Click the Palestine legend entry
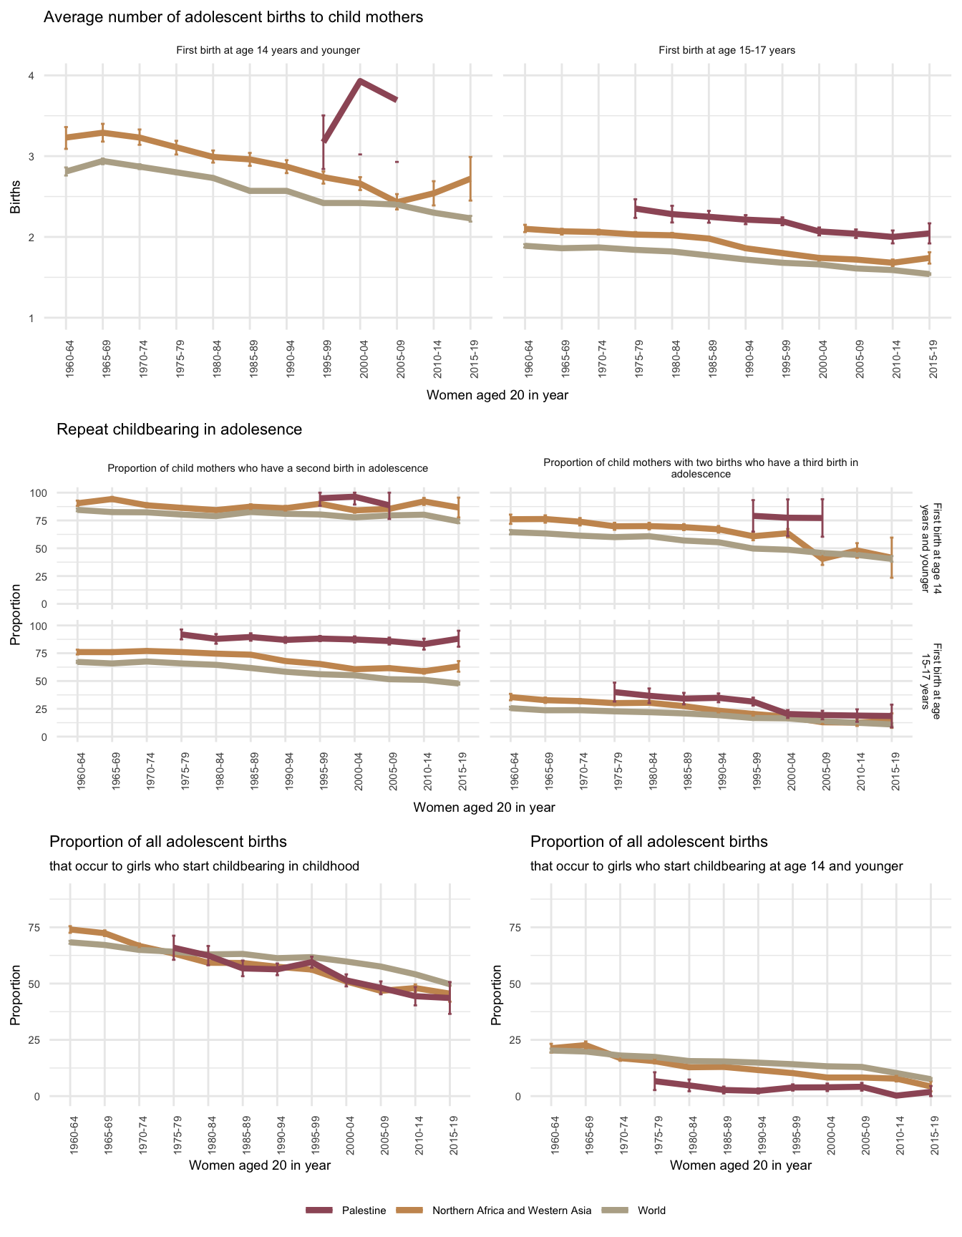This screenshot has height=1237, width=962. [364, 1211]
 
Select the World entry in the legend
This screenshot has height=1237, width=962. [651, 1211]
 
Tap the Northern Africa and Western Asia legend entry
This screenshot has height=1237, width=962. [512, 1211]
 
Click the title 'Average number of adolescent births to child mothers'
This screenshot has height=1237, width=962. [233, 17]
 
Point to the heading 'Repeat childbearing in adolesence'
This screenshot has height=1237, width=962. [179, 430]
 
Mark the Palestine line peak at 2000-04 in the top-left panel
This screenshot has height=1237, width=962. [360, 81]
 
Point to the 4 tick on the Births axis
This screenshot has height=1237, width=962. [31, 75]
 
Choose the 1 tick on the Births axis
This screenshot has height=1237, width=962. [31, 318]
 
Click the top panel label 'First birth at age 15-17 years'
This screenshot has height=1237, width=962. [727, 50]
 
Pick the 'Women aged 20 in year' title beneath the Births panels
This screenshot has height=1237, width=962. [497, 395]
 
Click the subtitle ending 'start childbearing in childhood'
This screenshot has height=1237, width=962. [204, 866]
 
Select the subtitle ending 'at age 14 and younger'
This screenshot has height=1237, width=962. [716, 866]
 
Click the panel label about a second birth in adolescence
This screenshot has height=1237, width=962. [268, 468]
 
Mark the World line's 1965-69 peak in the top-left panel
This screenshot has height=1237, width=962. [102, 161]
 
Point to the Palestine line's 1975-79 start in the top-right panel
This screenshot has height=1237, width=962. [635, 208]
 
